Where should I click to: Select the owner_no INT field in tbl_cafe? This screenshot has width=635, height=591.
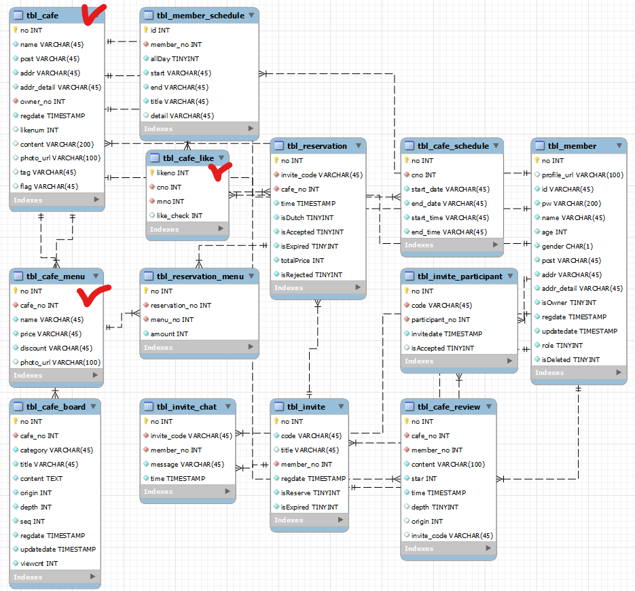(42, 101)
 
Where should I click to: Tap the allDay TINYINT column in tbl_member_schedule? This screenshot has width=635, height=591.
(175, 58)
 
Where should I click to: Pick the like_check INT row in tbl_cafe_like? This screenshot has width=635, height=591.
(179, 215)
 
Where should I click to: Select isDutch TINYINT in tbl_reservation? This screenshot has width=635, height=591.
(307, 217)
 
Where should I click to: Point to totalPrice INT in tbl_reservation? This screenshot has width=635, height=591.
(302, 260)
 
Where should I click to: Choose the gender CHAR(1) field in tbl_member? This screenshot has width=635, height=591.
(567, 246)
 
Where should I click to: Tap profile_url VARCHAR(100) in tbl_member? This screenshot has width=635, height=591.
(582, 175)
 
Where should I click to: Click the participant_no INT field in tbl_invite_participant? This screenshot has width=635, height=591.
(440, 319)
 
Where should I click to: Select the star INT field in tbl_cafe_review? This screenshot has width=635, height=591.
(424, 478)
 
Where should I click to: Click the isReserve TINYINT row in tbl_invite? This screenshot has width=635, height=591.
(310, 492)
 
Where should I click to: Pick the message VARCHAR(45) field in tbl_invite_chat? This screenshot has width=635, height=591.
(187, 464)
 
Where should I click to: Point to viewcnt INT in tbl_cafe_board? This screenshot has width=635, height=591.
(39, 563)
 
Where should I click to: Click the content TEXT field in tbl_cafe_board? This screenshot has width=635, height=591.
(41, 478)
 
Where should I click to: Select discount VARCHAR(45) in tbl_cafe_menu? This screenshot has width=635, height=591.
(56, 348)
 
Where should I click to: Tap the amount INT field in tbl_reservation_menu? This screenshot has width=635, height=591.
(169, 334)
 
